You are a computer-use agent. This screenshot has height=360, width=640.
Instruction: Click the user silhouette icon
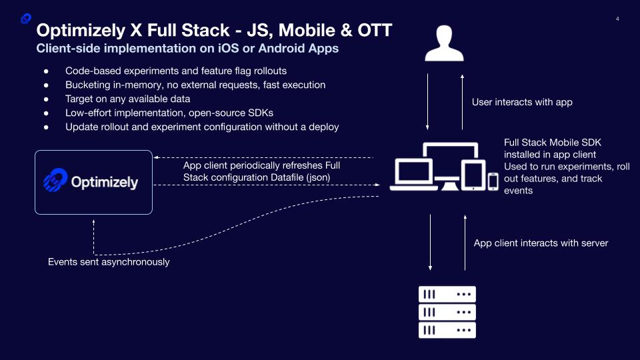[x=444, y=43]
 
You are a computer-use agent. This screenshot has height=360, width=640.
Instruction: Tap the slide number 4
[x=617, y=19]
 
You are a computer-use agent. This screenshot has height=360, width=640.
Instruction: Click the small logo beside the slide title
[x=26, y=19]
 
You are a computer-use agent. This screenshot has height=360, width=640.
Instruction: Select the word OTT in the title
[x=375, y=30]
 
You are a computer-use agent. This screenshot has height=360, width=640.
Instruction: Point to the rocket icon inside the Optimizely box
[x=55, y=180]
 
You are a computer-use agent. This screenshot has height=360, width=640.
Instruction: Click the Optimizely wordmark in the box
[x=105, y=182]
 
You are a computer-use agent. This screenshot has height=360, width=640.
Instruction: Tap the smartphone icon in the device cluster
[x=493, y=181]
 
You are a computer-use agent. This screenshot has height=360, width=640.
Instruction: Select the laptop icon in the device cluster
[x=414, y=175]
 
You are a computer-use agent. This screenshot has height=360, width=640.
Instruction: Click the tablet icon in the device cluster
[x=473, y=175]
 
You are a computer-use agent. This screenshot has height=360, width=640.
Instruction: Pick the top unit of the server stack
[x=447, y=294]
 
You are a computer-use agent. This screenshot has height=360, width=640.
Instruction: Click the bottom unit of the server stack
[x=447, y=330]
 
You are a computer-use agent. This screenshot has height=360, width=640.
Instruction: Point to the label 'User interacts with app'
[x=522, y=102]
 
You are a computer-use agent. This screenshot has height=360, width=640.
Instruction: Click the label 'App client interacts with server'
[x=541, y=243]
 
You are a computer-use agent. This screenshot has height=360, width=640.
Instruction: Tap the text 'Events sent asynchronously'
[x=109, y=262]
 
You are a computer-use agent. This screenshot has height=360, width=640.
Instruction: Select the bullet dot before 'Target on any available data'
[x=46, y=99]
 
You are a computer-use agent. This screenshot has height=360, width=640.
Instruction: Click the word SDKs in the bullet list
[x=261, y=113]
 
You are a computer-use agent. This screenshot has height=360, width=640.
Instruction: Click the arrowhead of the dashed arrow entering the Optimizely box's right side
[x=156, y=157]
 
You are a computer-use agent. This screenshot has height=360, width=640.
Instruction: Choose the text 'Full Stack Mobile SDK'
[x=552, y=143]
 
